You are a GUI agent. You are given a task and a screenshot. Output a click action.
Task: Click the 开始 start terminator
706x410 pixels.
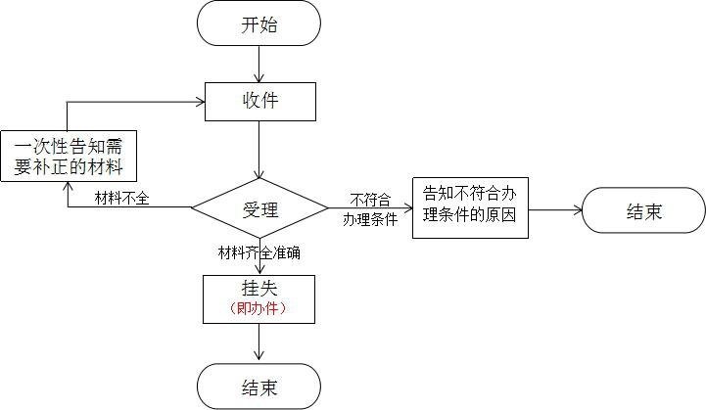(x=259, y=23)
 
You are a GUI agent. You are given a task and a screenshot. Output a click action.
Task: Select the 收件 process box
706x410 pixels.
(x=259, y=101)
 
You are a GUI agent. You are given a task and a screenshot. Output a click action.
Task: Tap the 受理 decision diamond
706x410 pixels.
(x=259, y=207)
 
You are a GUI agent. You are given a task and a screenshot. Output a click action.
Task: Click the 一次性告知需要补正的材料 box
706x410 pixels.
(x=68, y=155)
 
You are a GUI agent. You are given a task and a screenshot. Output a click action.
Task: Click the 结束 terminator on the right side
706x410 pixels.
(x=642, y=210)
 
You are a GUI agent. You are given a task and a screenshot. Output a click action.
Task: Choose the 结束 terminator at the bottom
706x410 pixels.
(x=259, y=387)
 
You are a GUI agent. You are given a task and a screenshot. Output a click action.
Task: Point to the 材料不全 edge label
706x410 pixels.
(x=121, y=199)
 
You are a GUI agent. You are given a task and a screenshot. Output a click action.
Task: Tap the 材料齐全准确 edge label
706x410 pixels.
(x=259, y=251)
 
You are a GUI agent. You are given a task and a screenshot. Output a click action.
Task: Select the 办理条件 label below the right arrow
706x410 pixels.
(x=369, y=220)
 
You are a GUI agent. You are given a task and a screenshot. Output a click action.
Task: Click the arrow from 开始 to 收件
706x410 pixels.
(x=259, y=64)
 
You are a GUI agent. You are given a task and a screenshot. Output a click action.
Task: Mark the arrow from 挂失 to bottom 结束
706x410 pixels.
(x=259, y=342)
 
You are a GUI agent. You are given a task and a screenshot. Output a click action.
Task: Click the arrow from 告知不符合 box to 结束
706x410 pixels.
(x=554, y=209)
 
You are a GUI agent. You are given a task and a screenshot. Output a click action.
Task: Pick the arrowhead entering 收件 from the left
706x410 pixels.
(x=199, y=101)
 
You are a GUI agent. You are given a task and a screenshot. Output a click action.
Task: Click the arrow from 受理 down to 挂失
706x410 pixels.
(x=259, y=262)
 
